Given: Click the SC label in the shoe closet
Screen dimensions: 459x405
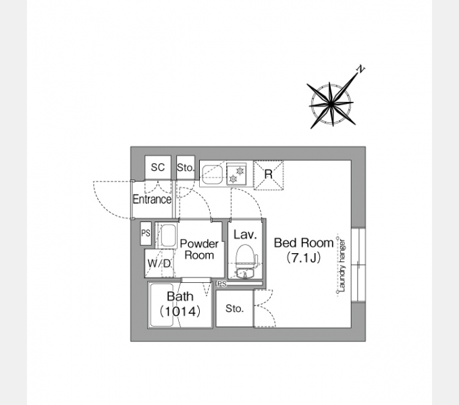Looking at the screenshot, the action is tap(158, 167).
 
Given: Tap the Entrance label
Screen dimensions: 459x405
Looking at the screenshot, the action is tap(152, 199).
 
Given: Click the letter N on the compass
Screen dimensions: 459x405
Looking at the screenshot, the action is tap(361, 69).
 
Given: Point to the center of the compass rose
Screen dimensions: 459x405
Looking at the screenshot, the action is tap(331, 103).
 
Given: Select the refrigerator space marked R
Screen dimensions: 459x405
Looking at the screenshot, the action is tap(269, 175).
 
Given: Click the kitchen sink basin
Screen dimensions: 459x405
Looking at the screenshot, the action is tap(213, 175).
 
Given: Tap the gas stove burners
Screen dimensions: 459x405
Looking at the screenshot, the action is tap(236, 174).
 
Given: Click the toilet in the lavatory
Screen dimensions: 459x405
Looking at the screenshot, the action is tap(245, 256).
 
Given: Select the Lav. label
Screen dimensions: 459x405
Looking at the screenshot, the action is tap(245, 234).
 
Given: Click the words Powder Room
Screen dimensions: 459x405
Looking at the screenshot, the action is tap(199, 249).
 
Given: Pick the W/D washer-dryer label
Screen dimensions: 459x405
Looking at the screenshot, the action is tap(159, 263).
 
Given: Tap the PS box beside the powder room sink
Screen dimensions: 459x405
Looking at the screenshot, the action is tap(146, 234).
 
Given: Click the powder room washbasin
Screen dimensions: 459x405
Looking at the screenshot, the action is tap(168, 236).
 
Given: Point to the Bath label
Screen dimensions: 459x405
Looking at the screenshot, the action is tap(180, 296).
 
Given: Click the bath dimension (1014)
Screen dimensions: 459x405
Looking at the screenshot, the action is tap(180, 311).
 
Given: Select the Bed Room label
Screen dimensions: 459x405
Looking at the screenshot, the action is tap(304, 243).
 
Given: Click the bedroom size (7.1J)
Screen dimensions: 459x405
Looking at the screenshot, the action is tap(304, 258).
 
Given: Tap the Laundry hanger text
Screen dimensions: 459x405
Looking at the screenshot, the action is tap(342, 266).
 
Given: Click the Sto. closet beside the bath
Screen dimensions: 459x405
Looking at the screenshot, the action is tap(234, 308).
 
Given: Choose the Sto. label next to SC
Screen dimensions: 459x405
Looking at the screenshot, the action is tap(186, 167).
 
